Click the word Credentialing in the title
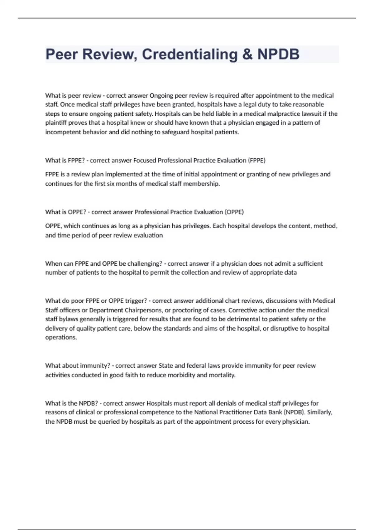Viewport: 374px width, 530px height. [190, 55]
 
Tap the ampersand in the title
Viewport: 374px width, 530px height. [247, 55]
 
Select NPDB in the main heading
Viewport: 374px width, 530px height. [278, 55]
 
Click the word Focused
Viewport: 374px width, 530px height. [145, 161]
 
